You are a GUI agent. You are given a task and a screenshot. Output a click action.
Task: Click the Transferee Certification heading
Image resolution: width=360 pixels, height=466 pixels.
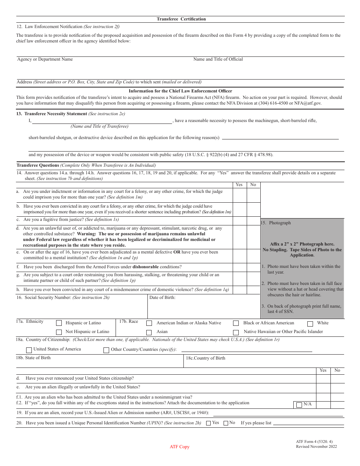181,19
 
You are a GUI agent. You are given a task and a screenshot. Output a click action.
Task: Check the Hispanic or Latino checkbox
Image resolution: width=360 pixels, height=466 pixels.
59,323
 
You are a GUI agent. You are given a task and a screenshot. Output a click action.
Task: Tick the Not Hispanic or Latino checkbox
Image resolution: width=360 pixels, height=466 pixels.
59,332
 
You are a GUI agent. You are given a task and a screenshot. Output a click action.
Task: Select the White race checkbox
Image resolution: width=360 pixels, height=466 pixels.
310,324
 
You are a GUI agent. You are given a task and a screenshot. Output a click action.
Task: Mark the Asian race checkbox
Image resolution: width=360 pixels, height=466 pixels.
149,332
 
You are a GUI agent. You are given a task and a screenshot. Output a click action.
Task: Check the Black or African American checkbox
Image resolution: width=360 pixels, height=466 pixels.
236,323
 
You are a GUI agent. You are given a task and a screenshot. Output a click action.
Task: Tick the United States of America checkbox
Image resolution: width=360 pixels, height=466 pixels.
29,350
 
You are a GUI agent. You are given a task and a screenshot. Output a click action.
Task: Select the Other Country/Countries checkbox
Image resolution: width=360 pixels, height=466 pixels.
106,350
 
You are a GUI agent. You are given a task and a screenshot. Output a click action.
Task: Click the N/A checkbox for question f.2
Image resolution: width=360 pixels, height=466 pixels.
299,405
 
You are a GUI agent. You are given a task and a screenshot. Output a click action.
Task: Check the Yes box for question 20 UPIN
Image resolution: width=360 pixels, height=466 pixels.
208,423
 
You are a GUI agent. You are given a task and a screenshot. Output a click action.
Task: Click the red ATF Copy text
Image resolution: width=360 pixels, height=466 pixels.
180,447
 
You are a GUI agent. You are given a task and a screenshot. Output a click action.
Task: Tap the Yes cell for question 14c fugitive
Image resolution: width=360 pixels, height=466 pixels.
239,220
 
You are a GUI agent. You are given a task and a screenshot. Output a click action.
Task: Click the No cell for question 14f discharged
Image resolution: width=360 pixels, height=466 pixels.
253,267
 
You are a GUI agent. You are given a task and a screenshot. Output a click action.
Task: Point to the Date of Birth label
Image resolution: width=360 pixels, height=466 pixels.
162,297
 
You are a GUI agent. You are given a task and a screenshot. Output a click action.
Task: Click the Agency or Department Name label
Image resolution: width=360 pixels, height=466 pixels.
45,59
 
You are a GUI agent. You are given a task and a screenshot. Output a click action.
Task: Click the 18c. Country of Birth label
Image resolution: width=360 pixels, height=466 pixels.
205,358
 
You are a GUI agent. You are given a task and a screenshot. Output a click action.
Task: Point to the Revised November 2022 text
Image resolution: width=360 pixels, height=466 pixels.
316,446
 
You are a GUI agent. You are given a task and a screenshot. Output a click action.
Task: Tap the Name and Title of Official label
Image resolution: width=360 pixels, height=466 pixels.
218,59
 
